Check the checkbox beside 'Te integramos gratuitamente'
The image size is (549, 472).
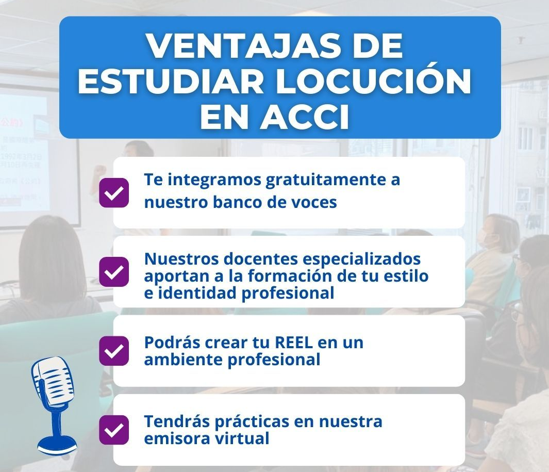[114, 193]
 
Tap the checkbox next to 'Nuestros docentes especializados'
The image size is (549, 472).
[114, 272]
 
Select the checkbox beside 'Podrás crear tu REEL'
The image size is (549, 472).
[114, 351]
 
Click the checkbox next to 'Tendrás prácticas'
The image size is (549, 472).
[114, 430]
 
